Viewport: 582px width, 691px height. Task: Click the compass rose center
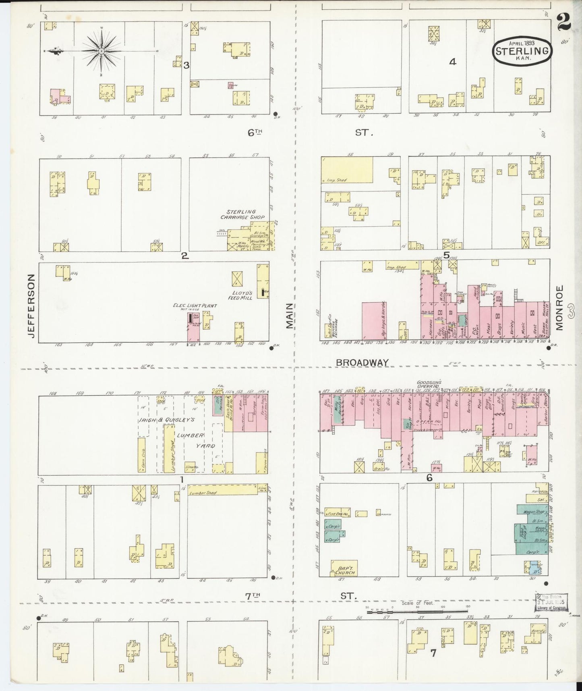pos(101,51)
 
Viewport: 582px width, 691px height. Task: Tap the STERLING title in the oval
pos(522,51)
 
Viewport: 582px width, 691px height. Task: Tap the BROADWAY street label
pos(362,362)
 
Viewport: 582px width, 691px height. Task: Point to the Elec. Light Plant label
pos(195,306)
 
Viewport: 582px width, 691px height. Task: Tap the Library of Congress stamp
pos(551,604)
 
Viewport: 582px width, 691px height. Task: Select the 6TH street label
pos(255,132)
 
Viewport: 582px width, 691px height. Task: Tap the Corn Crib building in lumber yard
pos(141,455)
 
